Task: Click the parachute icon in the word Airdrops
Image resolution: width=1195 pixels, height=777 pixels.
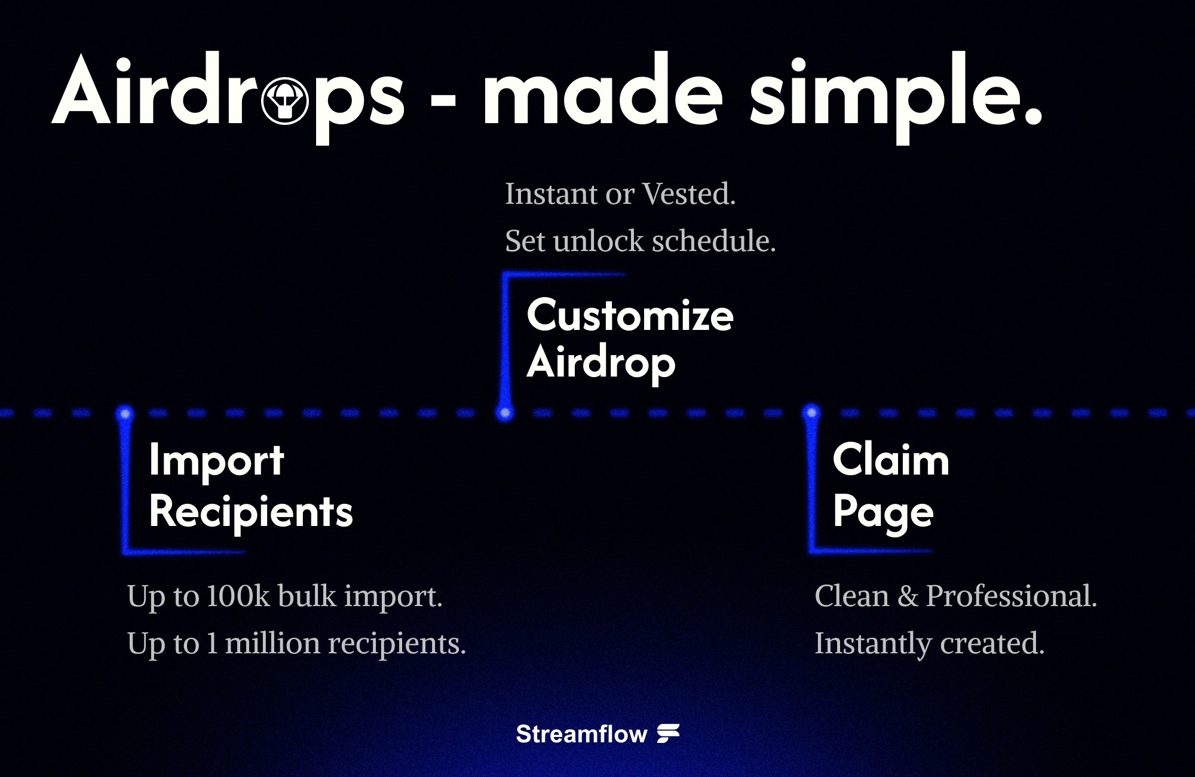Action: tap(285, 101)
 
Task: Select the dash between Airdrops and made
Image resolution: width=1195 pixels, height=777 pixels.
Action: tap(443, 102)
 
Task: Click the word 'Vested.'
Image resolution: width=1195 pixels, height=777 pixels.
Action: tap(689, 194)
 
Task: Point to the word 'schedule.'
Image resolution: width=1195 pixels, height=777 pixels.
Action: tap(713, 241)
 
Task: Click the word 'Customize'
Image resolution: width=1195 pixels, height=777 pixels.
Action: tap(630, 316)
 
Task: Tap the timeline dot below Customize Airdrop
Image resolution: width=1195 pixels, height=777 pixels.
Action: tap(505, 412)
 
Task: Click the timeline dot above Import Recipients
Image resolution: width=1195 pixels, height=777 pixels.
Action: tap(125, 412)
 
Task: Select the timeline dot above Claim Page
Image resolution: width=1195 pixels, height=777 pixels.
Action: tap(811, 412)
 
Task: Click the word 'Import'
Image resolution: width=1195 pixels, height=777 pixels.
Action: tap(216, 461)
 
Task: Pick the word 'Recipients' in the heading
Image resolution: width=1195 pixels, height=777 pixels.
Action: tap(251, 512)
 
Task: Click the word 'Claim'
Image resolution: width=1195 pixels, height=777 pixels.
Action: tap(890, 460)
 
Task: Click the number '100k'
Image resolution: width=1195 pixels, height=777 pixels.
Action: tap(238, 596)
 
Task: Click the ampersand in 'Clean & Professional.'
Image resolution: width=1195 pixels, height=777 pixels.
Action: tap(908, 596)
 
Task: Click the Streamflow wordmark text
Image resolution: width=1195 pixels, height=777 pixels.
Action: tap(581, 734)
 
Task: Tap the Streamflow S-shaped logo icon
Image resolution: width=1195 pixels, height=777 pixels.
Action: tap(669, 733)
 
